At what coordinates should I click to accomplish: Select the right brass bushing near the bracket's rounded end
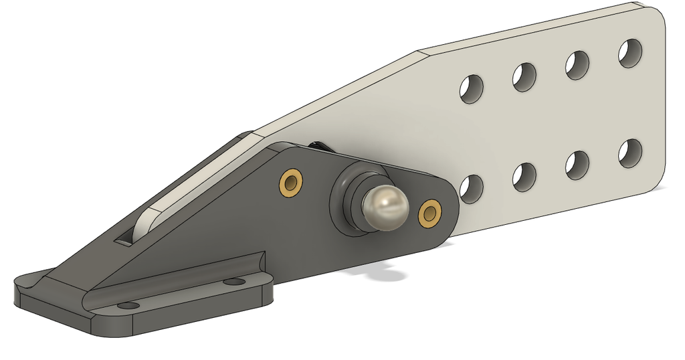click(430, 212)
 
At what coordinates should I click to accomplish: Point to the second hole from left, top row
click(524, 77)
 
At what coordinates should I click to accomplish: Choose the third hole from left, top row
click(577, 66)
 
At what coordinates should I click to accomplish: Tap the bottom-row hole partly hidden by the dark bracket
click(471, 188)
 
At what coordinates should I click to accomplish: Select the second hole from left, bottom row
click(524, 176)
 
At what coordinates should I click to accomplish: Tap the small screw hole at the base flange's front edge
click(126, 306)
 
